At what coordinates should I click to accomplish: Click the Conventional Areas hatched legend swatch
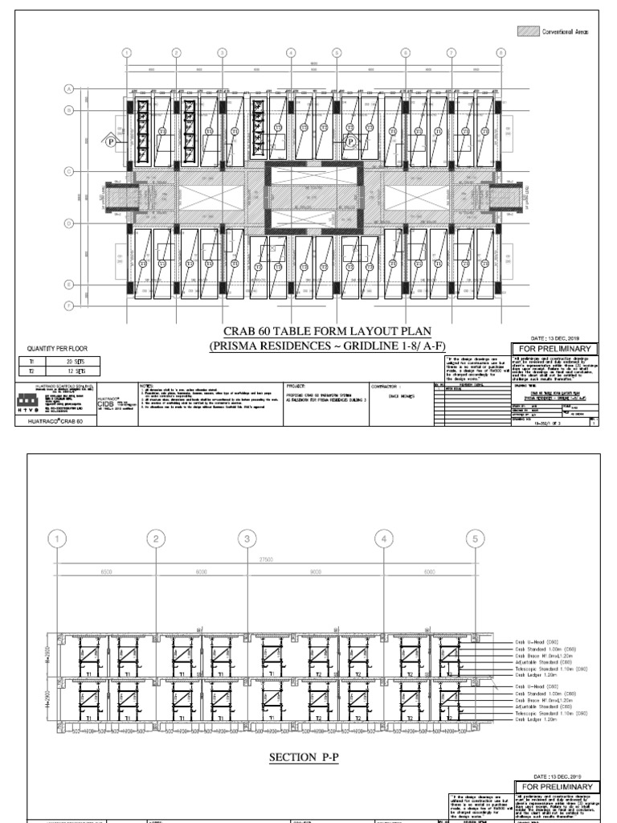(x=528, y=31)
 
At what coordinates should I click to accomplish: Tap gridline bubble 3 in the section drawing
(x=249, y=539)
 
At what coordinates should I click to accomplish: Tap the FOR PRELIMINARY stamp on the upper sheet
(x=555, y=349)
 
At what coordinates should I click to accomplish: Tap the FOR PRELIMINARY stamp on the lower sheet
(x=555, y=786)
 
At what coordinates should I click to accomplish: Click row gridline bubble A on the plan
(x=69, y=88)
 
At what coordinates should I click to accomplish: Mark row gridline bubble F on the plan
(x=69, y=305)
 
